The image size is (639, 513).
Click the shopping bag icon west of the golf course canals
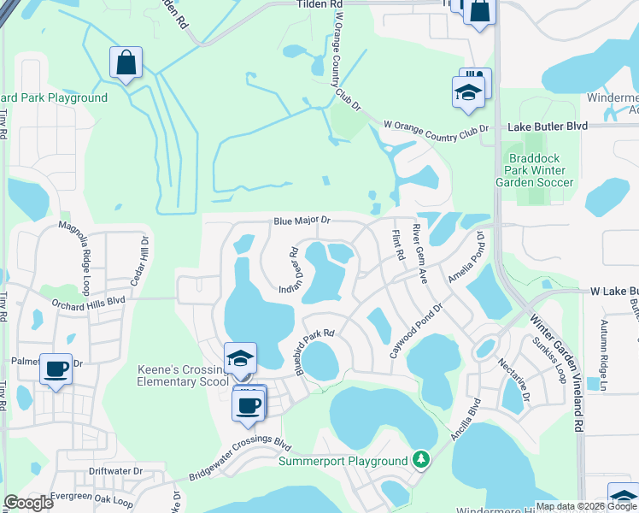(126, 62)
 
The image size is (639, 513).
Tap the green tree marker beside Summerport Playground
(419, 460)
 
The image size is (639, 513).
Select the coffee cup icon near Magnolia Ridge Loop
(56, 369)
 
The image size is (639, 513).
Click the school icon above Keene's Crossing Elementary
(240, 357)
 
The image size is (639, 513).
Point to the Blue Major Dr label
(302, 221)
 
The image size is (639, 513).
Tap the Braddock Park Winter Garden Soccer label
(536, 169)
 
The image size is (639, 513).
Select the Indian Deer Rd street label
(286, 271)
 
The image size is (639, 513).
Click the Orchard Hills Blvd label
(88, 300)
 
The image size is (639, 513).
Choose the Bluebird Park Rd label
(314, 351)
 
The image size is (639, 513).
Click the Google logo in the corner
(29, 503)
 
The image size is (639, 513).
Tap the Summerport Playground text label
(343, 462)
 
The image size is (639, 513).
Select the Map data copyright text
(585, 506)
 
